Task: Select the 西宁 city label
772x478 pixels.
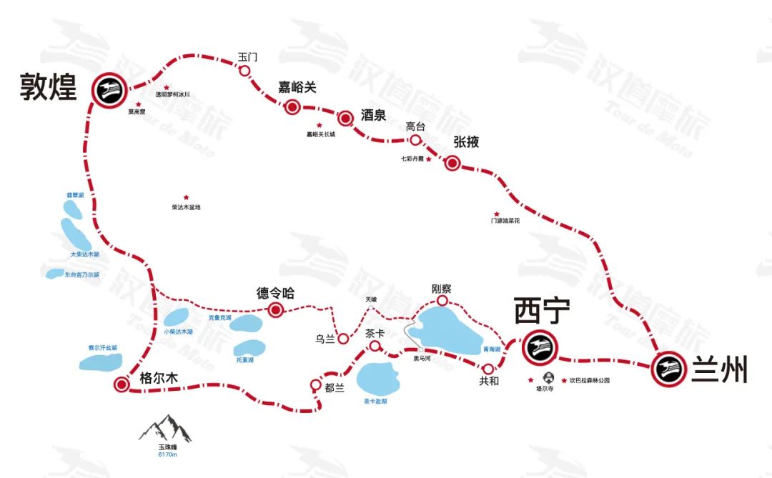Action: (543, 312)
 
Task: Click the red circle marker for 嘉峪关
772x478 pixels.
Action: (292, 107)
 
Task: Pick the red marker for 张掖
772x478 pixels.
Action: (452, 163)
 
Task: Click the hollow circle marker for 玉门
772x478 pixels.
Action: (244, 70)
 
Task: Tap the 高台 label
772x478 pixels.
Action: (415, 126)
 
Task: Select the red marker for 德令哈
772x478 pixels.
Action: (275, 309)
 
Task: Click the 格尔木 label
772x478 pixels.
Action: (159, 379)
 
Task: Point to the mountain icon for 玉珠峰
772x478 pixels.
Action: (165, 428)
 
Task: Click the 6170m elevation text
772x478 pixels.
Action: (167, 454)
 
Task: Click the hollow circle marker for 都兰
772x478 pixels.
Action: (316, 384)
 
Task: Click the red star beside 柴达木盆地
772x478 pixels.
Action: (187, 197)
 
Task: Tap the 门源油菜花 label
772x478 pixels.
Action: (505, 221)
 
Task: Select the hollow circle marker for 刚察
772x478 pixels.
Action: (442, 301)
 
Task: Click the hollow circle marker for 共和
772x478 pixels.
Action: (488, 368)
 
